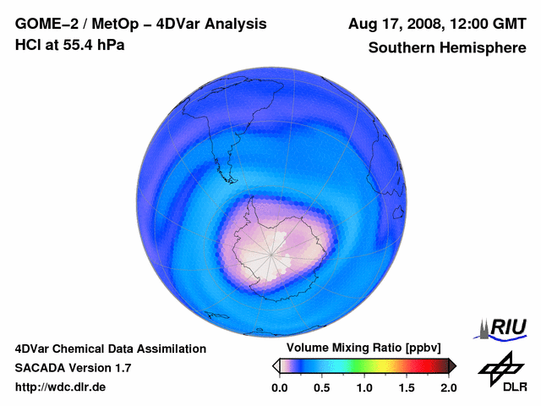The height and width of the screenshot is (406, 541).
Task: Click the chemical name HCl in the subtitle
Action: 29,45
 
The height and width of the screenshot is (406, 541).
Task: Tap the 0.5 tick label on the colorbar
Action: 322,387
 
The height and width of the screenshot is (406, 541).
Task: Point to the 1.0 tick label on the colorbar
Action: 364,387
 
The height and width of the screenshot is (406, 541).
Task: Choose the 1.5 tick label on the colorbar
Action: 407,387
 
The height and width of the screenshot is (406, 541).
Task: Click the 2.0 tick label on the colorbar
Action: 449,387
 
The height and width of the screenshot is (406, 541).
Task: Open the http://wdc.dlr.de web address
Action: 61,387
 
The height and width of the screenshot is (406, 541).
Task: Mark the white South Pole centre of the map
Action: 271,255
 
